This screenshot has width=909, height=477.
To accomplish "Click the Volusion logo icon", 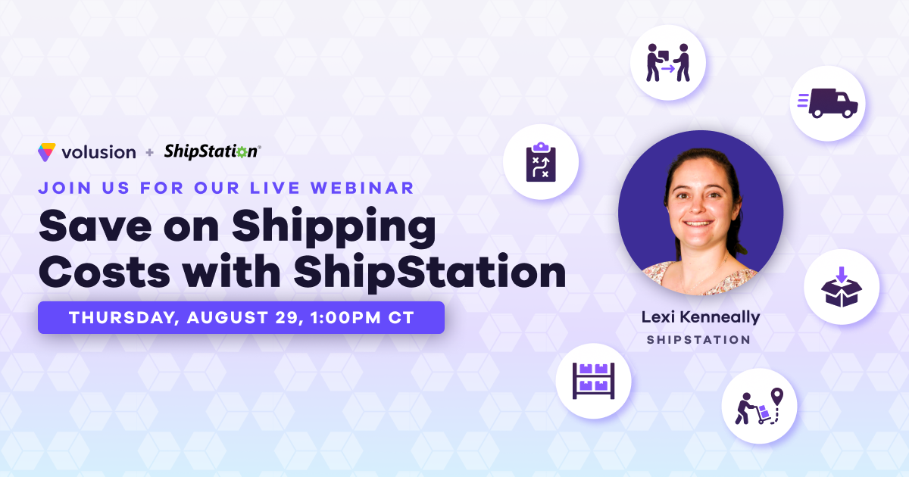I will click(x=46, y=151).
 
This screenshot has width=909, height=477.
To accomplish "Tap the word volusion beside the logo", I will click(x=98, y=152).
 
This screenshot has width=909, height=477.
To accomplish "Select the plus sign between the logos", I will click(x=149, y=153).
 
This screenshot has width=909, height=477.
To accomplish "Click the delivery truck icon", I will click(x=827, y=103).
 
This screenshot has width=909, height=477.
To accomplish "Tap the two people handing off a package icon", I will click(x=667, y=63).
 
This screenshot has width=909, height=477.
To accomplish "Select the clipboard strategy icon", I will click(x=541, y=161).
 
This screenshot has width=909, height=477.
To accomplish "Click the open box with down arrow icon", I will click(x=841, y=288).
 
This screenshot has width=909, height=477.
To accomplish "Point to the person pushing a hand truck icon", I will click(x=758, y=406).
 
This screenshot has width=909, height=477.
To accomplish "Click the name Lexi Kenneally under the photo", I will click(x=700, y=317).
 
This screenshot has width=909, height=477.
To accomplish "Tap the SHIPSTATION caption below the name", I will click(x=698, y=340).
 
